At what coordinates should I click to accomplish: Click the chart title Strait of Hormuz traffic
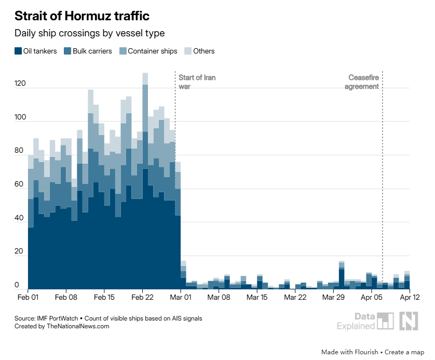click(x=81, y=15)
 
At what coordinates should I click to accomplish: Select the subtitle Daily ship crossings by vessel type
click(x=89, y=33)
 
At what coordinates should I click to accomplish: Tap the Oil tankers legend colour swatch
click(x=18, y=51)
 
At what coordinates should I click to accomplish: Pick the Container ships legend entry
click(x=152, y=51)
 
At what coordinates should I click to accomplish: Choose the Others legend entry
click(x=203, y=51)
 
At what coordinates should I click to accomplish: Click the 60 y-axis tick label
click(x=19, y=184)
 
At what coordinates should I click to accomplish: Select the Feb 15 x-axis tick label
click(x=104, y=298)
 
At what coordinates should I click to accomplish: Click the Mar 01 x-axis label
click(x=181, y=298)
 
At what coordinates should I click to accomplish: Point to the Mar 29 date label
click(x=333, y=298)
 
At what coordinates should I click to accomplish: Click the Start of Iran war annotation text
click(x=197, y=82)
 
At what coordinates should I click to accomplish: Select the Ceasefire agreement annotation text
click(x=363, y=82)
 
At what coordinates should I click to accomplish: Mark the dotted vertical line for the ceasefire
click(x=383, y=182)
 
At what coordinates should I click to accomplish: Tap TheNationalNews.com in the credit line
click(x=78, y=326)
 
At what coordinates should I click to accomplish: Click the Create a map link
click(x=404, y=352)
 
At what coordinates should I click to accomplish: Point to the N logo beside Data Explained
click(x=409, y=321)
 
